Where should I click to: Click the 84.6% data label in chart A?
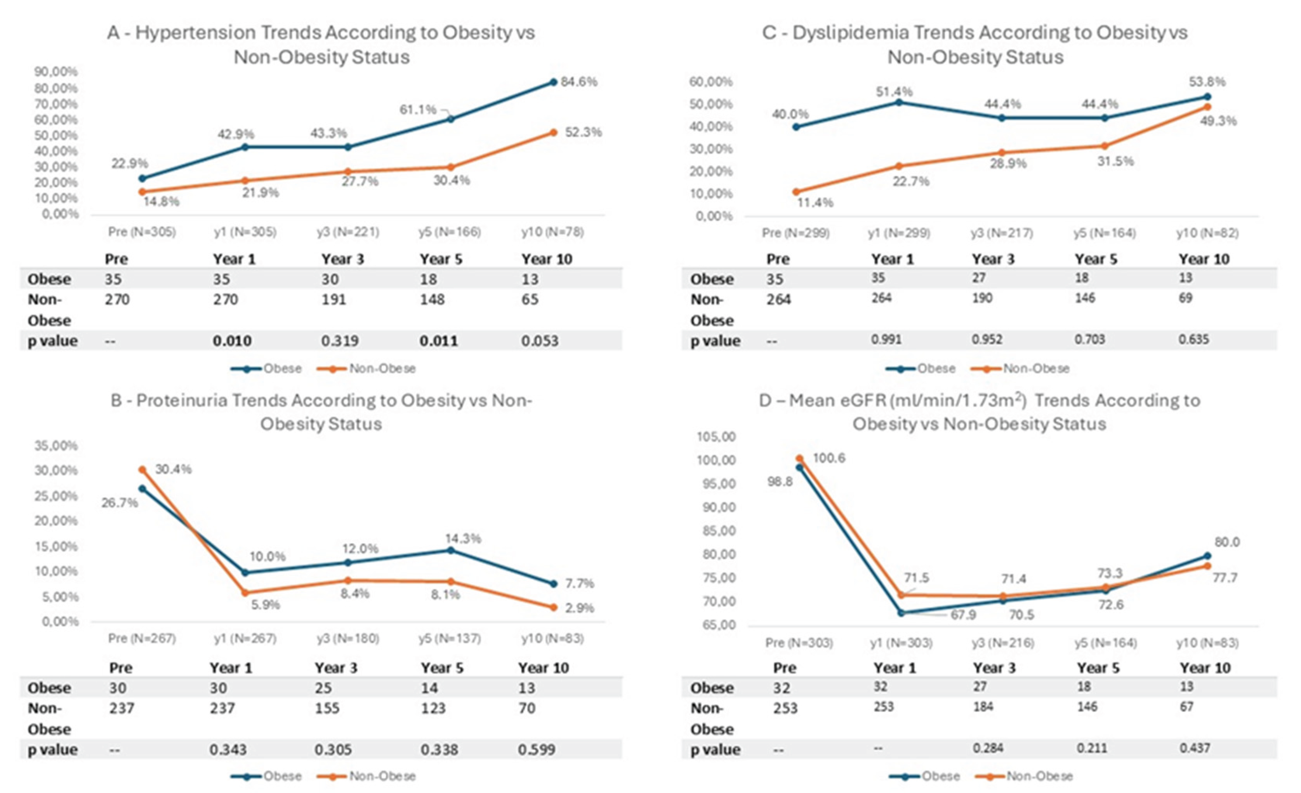click(579, 82)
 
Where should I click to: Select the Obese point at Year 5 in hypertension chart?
click(450, 119)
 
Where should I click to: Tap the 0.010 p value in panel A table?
click(232, 341)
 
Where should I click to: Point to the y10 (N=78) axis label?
click(552, 232)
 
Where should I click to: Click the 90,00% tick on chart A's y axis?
click(56, 71)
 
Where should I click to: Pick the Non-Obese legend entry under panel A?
click(382, 368)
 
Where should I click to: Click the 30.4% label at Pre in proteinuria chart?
click(173, 469)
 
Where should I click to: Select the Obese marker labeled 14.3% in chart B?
click(450, 551)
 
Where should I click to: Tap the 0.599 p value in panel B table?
click(537, 749)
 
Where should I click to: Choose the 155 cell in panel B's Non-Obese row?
click(327, 708)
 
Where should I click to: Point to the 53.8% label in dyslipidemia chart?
click(1207, 82)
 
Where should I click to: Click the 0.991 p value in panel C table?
click(886, 339)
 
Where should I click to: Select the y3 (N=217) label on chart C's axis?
click(1002, 233)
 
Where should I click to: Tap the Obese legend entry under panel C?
click(936, 368)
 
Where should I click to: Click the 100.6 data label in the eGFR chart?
click(829, 458)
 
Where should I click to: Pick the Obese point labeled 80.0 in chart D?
click(1207, 556)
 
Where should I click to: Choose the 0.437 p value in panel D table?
click(1194, 748)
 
